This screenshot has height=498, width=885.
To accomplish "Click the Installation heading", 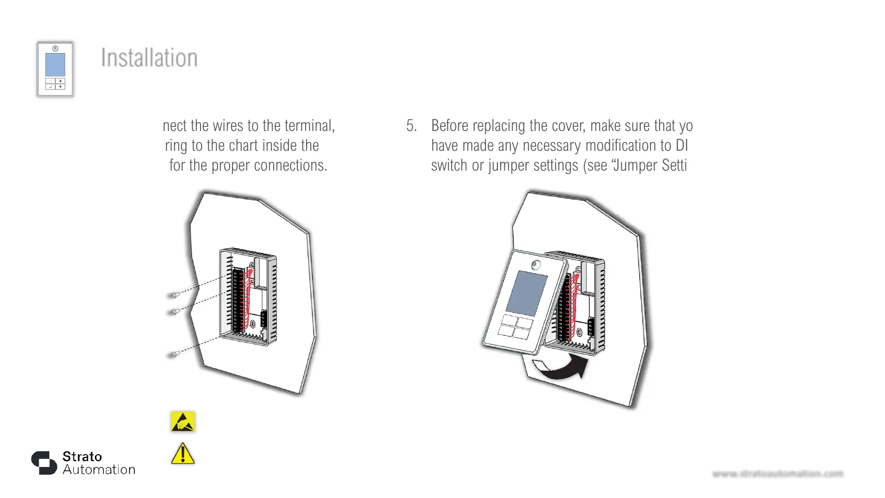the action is (149, 58).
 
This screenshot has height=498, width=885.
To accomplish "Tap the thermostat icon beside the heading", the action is (55, 69).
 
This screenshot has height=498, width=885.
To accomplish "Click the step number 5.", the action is (411, 126).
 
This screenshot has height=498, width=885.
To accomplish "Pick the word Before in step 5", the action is (450, 126).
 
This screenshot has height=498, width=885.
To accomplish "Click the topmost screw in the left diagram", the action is (175, 295).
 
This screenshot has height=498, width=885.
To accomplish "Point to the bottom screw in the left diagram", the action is (175, 354).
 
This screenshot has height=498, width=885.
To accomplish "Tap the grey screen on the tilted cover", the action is (526, 293).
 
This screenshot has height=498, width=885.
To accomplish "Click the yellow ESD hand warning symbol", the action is (183, 421).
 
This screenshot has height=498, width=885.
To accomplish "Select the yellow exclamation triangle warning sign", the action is (183, 454).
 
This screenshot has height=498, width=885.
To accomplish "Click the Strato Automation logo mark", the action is (44, 462).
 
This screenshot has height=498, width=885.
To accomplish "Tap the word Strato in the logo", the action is (82, 456).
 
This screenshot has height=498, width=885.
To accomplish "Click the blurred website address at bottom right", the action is (778, 474).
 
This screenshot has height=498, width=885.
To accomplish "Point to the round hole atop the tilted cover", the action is (536, 265).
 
